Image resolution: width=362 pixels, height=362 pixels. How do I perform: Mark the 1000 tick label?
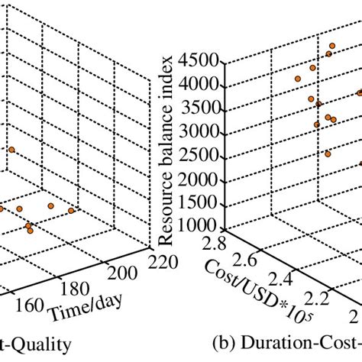[196, 226]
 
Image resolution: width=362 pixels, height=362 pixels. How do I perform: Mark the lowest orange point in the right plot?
[328, 154]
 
